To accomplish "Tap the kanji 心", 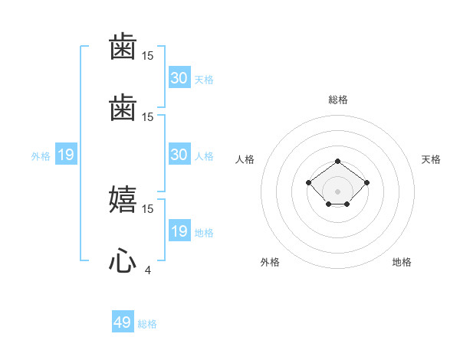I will (x=123, y=262).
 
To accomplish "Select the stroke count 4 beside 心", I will (x=148, y=270).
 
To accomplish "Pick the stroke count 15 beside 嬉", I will (x=148, y=208).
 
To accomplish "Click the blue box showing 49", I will (x=123, y=322).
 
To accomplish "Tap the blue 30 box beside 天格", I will (x=179, y=78).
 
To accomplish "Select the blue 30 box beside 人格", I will (x=179, y=155).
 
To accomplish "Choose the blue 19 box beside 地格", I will (x=179, y=231).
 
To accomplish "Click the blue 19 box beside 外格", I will (x=66, y=155).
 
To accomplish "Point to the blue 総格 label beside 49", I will (x=147, y=324).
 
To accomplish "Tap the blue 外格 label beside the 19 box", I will (x=41, y=156).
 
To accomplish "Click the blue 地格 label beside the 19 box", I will (x=204, y=233).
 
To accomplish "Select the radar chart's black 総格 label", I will (x=338, y=100).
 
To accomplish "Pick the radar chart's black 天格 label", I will (x=431, y=159).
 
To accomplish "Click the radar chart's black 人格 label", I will (x=245, y=159).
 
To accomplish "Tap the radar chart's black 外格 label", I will (x=270, y=262).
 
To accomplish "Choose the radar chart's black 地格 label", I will (x=402, y=262).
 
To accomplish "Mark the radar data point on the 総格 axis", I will (x=338, y=161).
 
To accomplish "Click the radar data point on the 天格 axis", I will (x=367, y=182).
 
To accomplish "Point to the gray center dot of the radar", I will (x=338, y=191).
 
